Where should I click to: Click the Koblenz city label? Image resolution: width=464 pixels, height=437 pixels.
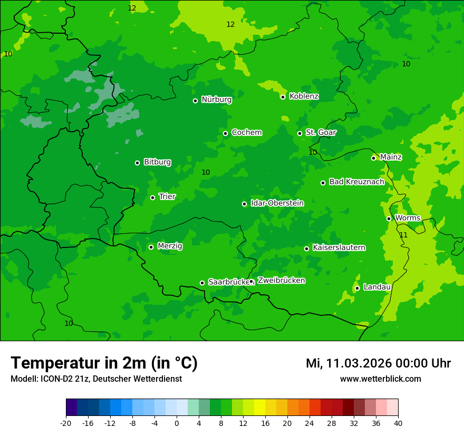(x=304, y=96)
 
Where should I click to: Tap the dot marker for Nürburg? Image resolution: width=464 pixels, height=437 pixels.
(x=195, y=101)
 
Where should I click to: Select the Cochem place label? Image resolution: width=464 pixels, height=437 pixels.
(x=246, y=133)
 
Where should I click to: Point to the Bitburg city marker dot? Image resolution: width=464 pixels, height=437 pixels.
(x=137, y=163)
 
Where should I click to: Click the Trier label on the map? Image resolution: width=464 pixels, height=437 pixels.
(x=167, y=197)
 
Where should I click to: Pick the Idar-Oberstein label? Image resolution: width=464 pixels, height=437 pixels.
(x=277, y=203)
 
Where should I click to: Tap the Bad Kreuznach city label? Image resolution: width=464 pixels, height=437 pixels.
(x=356, y=182)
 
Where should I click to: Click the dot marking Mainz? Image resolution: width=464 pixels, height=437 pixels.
(x=373, y=158)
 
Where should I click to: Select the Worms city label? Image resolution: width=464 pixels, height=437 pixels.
(x=408, y=218)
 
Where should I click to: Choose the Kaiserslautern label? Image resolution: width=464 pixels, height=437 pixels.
(x=339, y=248)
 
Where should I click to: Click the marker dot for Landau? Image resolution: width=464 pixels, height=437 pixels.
(x=357, y=288)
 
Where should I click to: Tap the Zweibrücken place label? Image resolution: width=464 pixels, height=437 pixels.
(x=281, y=281)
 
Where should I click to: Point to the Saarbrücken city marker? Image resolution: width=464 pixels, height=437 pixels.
(x=202, y=283)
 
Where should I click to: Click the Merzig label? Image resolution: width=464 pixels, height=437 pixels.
(x=170, y=246)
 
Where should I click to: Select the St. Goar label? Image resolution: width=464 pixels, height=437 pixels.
(x=321, y=133)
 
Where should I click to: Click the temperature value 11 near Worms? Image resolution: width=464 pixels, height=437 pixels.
(x=403, y=235)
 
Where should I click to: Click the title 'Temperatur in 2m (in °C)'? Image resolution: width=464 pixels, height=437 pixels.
(x=104, y=363)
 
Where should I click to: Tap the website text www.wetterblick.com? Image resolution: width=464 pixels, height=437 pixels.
(x=380, y=379)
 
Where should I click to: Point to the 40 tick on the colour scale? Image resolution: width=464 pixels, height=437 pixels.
(x=398, y=423)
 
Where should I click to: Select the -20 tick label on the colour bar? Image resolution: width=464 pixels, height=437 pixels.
(x=66, y=423)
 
